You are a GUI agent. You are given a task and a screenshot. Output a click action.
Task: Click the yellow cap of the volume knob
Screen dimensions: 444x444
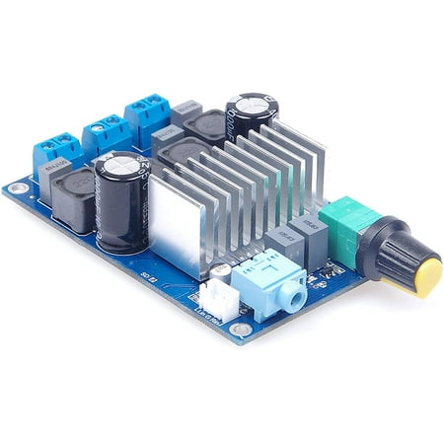click(x=427, y=276)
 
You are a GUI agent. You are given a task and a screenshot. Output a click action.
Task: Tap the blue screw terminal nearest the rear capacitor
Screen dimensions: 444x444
click(x=147, y=112)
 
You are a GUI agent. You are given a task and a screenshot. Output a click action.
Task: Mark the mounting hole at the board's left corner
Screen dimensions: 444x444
click(x=16, y=186)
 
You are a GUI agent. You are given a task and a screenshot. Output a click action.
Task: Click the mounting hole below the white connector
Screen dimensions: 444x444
click(x=240, y=331)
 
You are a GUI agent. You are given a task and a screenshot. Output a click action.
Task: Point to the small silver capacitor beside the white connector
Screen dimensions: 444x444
click(x=222, y=269)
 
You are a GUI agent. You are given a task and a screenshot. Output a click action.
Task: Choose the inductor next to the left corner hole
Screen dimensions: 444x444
click(x=71, y=197)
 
